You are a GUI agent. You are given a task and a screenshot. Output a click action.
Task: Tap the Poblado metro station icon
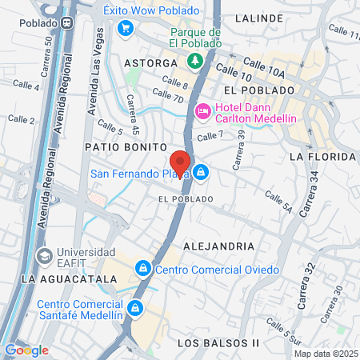coord(70,8)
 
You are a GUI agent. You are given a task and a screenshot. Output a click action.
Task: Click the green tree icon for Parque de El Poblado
coord(194,61)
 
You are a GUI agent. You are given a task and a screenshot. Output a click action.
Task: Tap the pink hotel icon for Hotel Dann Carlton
coord(202,110)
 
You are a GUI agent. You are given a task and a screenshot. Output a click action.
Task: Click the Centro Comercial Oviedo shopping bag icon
coord(143,267)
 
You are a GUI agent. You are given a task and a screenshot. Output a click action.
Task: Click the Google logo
coord(26,350)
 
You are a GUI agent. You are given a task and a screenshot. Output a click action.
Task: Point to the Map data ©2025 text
coord(326,354)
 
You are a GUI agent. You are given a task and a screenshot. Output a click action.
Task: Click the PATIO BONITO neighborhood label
coord(124,148)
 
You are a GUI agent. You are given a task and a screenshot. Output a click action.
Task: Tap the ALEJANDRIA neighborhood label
coord(218,246)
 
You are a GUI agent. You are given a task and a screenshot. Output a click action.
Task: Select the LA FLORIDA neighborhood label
coord(322,157)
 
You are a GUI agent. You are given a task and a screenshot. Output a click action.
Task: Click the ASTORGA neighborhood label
coord(150,62)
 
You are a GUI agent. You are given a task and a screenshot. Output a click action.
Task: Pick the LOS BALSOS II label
coord(218,343)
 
